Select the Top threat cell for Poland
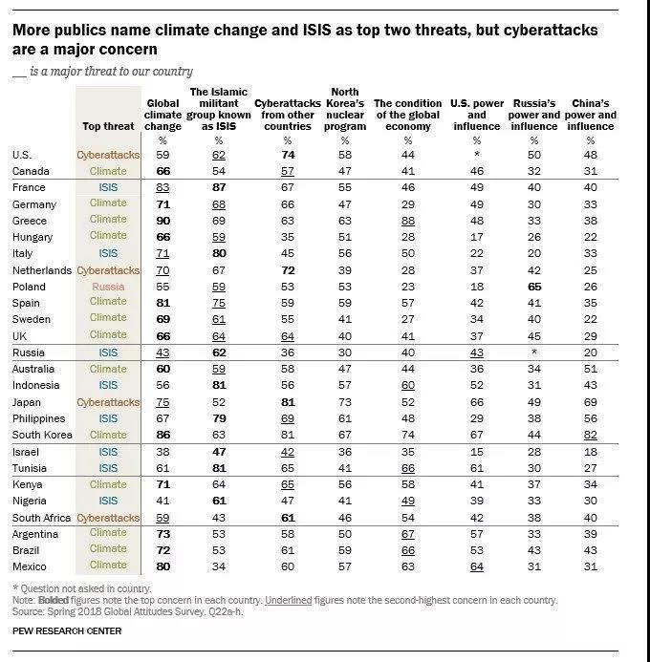tap(108, 287)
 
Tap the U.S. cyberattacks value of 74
tap(287, 155)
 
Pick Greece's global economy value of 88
tap(408, 220)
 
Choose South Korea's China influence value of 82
tap(590, 436)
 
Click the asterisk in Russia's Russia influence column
tap(532, 352)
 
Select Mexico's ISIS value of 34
tap(220, 566)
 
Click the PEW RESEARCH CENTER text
tap(67, 630)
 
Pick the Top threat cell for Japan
tap(108, 402)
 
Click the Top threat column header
tap(108, 126)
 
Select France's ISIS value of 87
tap(220, 188)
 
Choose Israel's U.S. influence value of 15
tap(475, 452)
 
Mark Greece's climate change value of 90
tap(162, 220)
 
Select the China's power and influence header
tap(590, 115)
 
